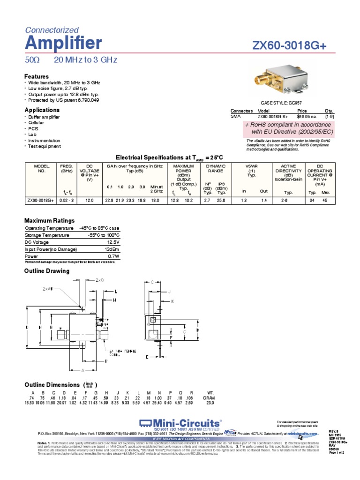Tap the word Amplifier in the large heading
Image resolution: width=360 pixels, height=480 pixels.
tap(63, 43)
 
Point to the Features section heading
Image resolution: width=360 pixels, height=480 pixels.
tap(37, 76)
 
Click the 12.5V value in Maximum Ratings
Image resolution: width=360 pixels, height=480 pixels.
tap(113, 243)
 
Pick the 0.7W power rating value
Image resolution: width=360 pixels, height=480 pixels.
tap(114, 257)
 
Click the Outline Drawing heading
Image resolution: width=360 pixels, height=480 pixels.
tap(47, 271)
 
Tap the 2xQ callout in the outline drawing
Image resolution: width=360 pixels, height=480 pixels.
tap(99, 280)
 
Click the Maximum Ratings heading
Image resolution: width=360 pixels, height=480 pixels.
tap(49, 220)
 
